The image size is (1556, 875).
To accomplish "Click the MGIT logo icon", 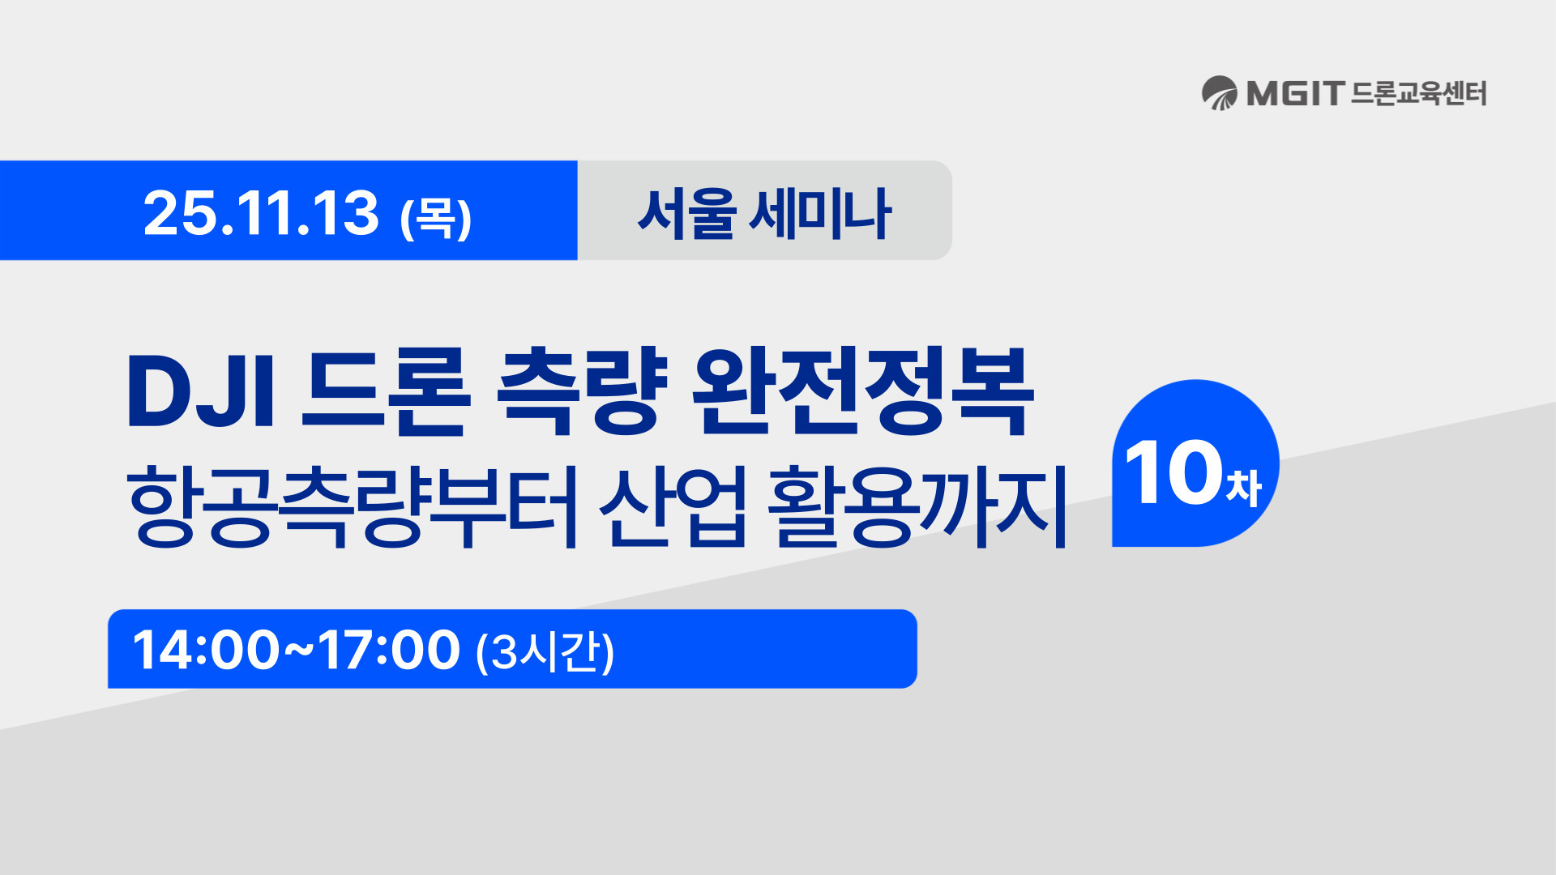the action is [x=1219, y=93].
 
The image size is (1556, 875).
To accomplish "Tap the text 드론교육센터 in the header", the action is [x=1419, y=93].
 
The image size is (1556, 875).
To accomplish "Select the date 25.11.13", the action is [x=261, y=213].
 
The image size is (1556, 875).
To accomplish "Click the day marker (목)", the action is [x=436, y=218].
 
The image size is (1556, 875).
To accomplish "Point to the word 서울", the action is [x=686, y=213].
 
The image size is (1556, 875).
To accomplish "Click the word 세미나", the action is [x=820, y=213].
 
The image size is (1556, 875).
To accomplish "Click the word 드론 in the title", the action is [x=386, y=392].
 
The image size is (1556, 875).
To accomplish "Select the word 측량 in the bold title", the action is [x=582, y=392].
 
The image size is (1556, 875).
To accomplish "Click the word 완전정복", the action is [x=863, y=392].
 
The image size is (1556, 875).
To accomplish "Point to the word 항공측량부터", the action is [x=353, y=506].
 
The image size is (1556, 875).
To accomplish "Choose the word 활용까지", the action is [x=917, y=506].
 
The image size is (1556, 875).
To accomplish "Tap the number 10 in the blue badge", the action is [x=1173, y=472].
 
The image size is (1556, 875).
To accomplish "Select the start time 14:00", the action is [x=206, y=650].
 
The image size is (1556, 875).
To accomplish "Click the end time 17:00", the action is [x=389, y=650].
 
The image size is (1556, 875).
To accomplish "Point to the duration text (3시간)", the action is [x=545, y=651].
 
